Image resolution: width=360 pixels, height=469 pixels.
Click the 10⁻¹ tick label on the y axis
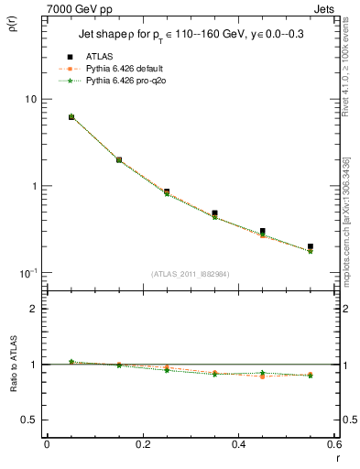(27, 273)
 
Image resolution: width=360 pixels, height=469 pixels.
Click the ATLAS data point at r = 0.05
(71, 117)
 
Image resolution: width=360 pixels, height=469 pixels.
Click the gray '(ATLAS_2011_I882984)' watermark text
(191, 273)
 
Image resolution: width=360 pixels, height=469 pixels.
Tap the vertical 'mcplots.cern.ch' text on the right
(351, 229)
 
